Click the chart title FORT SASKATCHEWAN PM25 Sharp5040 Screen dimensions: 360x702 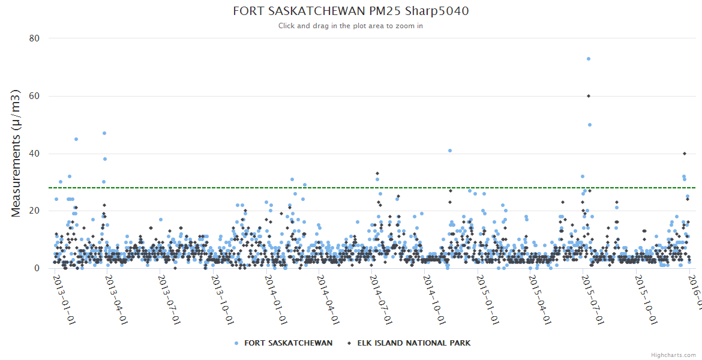350,11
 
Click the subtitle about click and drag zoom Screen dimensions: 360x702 350,26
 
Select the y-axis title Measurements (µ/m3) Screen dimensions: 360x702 17,153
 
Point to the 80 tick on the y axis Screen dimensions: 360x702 34,38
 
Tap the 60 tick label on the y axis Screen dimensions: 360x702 34,96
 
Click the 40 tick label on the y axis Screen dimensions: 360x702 34,154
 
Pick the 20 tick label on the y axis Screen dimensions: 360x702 34,211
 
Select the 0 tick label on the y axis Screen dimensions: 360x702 37,268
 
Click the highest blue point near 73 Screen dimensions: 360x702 589,59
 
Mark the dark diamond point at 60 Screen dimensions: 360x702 589,96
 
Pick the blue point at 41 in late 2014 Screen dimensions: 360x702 450,151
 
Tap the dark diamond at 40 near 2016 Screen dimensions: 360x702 685,154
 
